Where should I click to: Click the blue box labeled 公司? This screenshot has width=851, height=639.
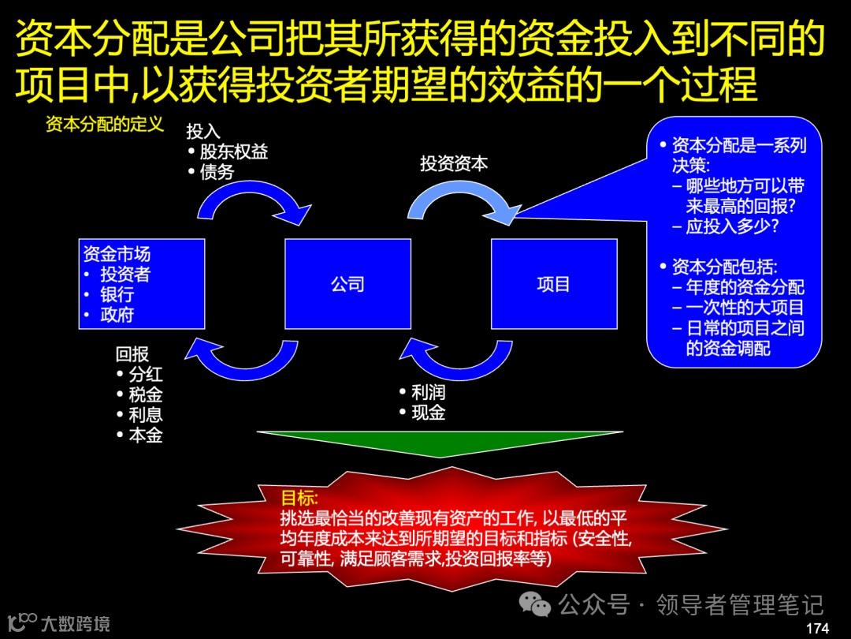click(347, 284)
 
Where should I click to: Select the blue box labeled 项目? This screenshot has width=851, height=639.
click(553, 284)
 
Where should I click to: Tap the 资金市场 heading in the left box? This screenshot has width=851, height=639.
click(117, 254)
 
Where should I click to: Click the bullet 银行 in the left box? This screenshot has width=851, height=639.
click(117, 295)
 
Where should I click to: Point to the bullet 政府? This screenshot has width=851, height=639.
click(117, 316)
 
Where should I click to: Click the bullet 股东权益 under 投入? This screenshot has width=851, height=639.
click(233, 151)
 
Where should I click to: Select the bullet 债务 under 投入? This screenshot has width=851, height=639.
click(217, 171)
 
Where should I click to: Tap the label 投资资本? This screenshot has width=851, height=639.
click(454, 164)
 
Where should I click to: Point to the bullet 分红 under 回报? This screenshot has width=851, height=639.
click(146, 375)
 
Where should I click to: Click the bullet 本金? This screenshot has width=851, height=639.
click(146, 435)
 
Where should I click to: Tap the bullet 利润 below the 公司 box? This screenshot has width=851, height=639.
click(428, 392)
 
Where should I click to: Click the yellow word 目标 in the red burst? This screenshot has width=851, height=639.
click(299, 498)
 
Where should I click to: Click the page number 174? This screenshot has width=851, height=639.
click(818, 628)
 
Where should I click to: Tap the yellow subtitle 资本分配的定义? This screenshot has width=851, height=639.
click(104, 125)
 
